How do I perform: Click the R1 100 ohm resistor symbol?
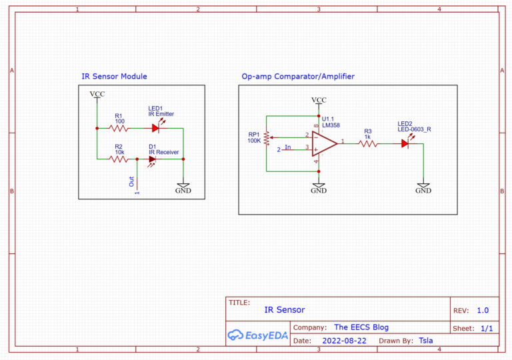[x=119, y=128]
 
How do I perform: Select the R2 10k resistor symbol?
[x=119, y=159]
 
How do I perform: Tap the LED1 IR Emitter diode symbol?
[x=155, y=128]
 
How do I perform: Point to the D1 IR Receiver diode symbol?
[x=153, y=159]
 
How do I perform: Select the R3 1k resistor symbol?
[x=367, y=143]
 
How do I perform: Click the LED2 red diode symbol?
[x=405, y=143]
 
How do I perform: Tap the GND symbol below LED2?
[x=423, y=187]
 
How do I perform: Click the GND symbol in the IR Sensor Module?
[x=183, y=187]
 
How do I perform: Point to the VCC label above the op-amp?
[x=319, y=100]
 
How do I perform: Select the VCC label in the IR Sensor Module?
[x=97, y=94]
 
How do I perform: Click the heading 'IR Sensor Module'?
[x=114, y=77]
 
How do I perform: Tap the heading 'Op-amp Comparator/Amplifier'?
[x=298, y=77]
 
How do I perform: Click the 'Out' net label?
[x=131, y=181]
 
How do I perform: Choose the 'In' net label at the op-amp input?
[x=288, y=147]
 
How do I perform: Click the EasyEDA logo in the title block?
[x=257, y=335]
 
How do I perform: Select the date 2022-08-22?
[x=344, y=340]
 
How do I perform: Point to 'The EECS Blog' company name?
[x=361, y=327]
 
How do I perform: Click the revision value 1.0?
[x=483, y=311]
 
